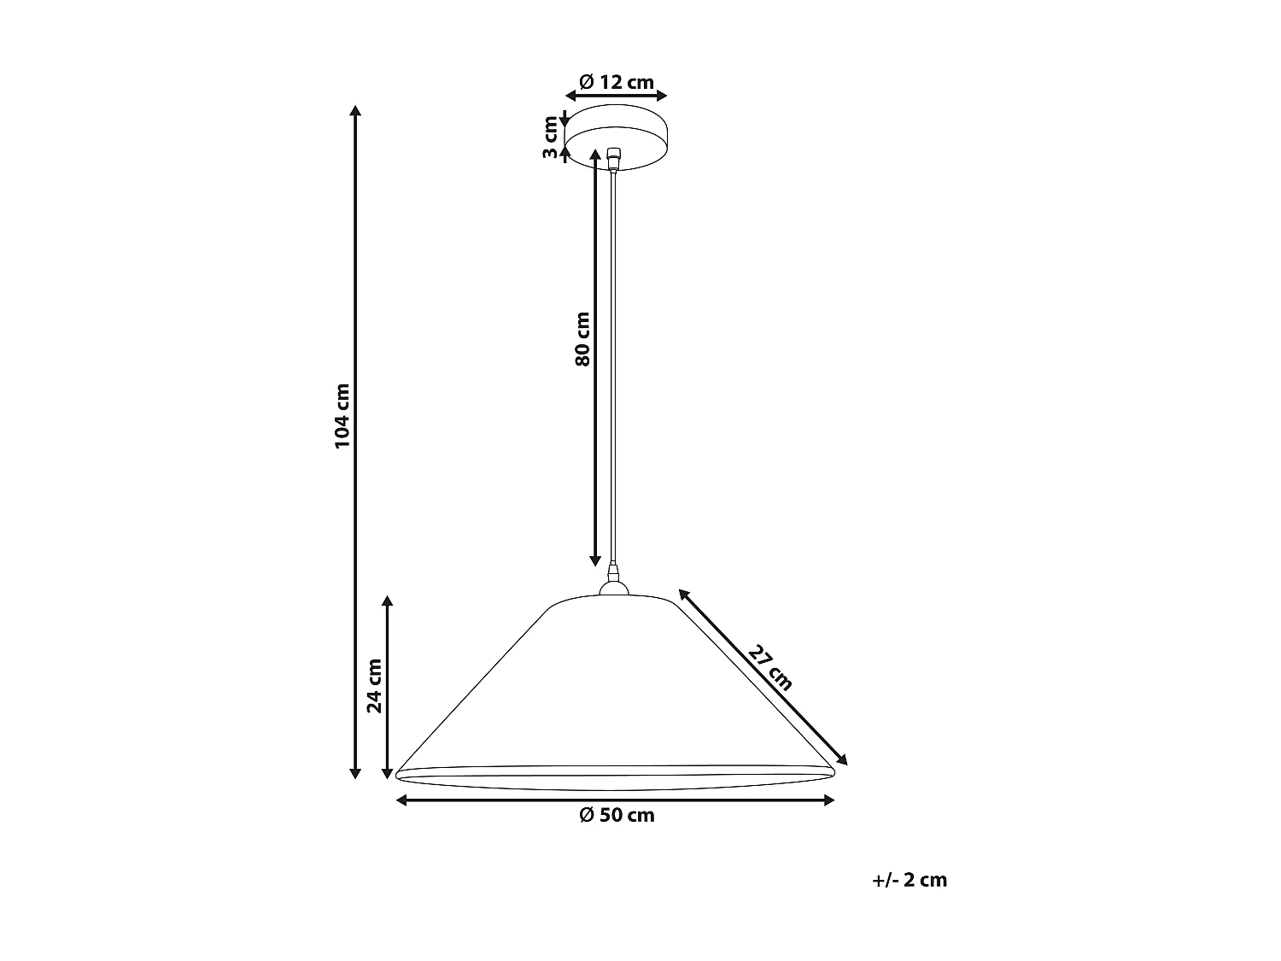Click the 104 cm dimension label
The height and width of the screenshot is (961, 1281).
342,415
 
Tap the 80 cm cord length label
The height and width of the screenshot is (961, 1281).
582,338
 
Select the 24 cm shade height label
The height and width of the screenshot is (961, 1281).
374,684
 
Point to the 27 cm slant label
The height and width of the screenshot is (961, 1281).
771,667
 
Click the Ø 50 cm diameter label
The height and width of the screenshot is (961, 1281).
617,816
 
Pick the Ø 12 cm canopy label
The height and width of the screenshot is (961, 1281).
617,82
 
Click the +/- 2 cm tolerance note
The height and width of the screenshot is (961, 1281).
910,880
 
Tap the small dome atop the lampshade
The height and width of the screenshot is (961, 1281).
613,588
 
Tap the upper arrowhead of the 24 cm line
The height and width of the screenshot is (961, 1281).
389,601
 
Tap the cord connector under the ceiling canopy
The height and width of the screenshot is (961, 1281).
613,158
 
